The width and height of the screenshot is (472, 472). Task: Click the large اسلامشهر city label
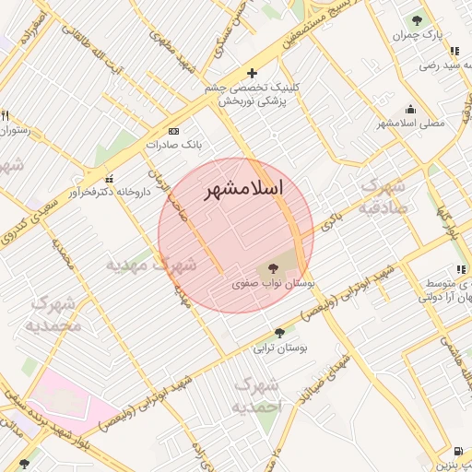click(x=242, y=188)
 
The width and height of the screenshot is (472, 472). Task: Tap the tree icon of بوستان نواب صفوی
click(x=270, y=268)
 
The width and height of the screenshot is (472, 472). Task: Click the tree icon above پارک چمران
click(x=418, y=18)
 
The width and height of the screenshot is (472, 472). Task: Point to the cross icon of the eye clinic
click(x=252, y=73)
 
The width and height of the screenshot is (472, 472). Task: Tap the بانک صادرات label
click(x=173, y=145)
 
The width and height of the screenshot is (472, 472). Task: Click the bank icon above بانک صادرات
click(x=173, y=131)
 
